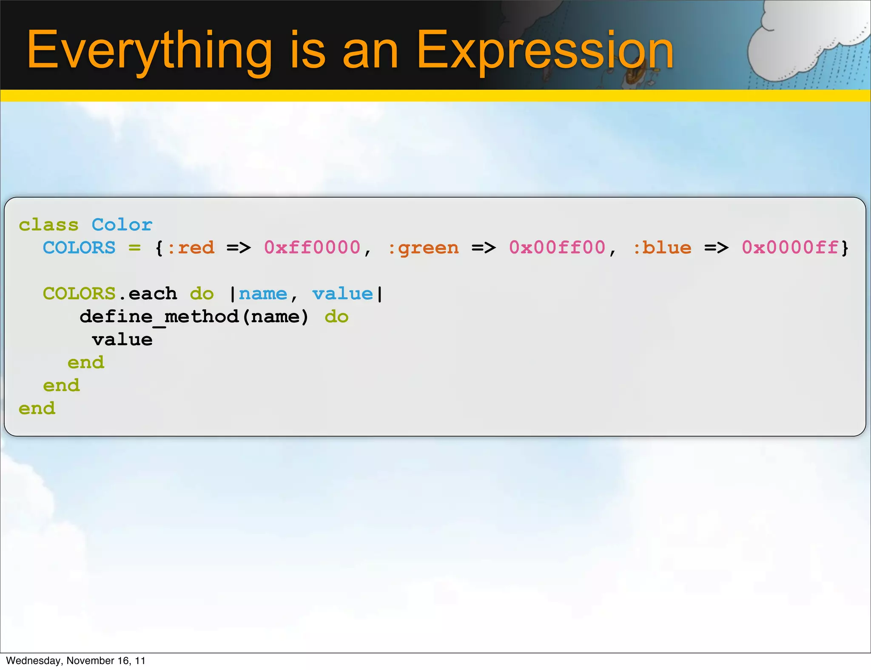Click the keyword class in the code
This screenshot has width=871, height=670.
point(48,225)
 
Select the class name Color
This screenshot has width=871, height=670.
point(122,225)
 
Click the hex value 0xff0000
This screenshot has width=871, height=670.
point(312,248)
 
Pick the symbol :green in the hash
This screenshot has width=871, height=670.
point(424,248)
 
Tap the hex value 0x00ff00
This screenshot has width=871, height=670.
point(557,248)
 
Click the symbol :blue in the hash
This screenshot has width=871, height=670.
point(662,248)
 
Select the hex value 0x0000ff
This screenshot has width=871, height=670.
point(790,248)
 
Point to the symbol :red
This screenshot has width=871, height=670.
point(191,248)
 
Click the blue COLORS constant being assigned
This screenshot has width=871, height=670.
point(79,248)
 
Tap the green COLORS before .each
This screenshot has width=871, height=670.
point(79,294)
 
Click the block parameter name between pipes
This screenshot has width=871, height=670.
point(263,294)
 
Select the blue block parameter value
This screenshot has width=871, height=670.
point(342,294)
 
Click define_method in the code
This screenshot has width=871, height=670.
point(159,317)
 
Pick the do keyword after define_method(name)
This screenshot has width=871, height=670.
point(336,317)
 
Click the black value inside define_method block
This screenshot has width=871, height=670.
point(122,340)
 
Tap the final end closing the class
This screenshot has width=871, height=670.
point(37,409)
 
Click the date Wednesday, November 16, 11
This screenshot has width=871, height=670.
point(76,661)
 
